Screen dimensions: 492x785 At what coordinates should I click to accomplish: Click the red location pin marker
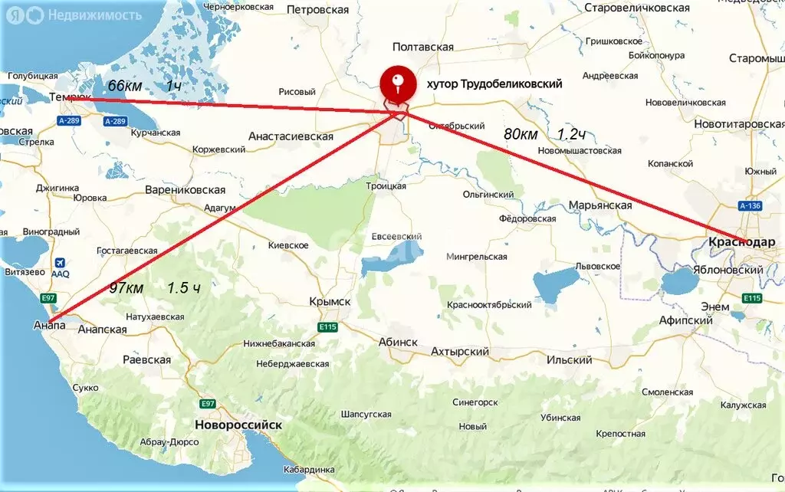point(397,83)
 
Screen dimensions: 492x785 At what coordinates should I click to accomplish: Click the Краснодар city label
point(741,242)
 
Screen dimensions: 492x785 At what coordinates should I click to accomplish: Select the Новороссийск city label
point(238,425)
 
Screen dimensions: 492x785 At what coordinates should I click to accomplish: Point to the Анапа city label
point(49,325)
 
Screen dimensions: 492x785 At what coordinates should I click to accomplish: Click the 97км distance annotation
point(126,288)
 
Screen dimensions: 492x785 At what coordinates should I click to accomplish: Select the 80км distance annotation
point(521,134)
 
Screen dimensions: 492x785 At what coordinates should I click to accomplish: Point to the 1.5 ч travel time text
point(184,288)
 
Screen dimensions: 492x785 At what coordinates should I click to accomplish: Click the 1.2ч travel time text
point(572,134)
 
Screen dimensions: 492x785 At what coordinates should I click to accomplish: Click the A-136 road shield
point(750,206)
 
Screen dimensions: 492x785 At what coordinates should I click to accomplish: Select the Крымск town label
point(330,302)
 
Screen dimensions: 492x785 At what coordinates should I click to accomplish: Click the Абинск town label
point(398,343)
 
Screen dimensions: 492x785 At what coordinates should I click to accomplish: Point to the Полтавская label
point(422,47)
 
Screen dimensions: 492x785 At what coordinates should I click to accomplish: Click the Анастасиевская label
point(291,136)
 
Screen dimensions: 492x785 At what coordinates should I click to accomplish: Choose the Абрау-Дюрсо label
point(169,442)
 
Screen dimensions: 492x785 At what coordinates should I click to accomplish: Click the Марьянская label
point(600,205)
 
